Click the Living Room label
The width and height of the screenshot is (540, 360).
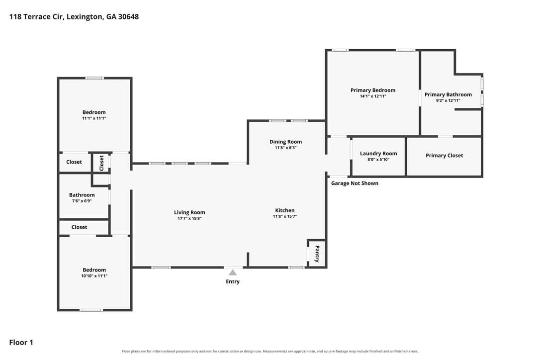click(189, 212)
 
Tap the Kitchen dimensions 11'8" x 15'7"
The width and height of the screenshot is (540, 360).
click(285, 216)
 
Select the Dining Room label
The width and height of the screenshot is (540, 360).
click(285, 142)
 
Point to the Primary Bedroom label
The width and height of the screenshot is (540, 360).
click(373, 90)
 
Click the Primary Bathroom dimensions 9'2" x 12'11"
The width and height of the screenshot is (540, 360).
click(448, 100)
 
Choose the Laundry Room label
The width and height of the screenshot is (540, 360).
click(378, 154)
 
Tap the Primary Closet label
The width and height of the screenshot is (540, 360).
click(444, 155)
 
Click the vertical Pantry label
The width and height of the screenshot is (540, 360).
click(317, 254)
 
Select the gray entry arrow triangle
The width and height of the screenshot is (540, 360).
click(233, 272)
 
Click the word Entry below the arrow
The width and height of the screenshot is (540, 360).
click(233, 282)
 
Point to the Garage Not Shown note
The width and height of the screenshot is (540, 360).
click(355, 183)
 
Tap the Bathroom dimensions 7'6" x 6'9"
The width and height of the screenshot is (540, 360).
click(82, 201)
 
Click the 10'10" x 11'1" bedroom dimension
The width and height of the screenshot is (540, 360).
click(94, 276)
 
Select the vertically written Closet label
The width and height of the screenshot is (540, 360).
click(101, 163)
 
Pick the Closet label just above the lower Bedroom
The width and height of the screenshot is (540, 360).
click(79, 227)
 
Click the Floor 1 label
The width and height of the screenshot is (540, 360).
click(21, 343)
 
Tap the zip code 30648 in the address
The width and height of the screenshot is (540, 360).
click(128, 16)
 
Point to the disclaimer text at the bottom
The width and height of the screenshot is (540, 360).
click(270, 352)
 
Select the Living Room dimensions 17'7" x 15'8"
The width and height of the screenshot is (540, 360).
click(189, 218)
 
